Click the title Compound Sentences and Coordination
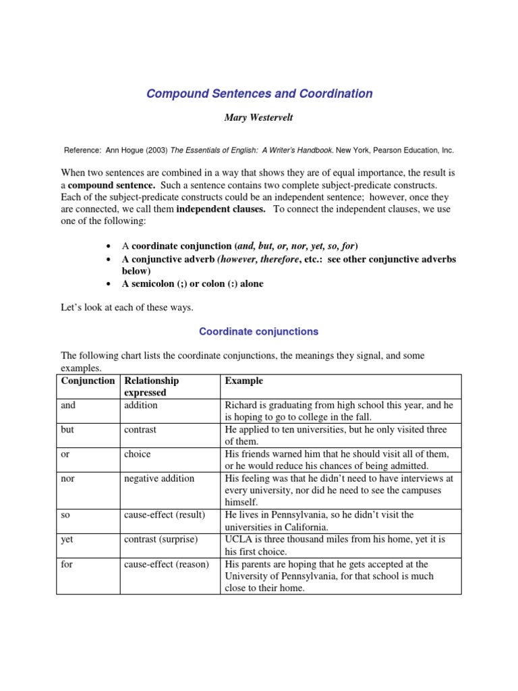[259, 94]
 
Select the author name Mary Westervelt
[259, 117]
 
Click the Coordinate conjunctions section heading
[259, 331]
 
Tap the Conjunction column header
[88, 381]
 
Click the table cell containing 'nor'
[68, 478]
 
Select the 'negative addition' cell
[159, 478]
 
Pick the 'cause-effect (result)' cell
[165, 515]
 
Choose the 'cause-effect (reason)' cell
[167, 563]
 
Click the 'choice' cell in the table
[138, 454]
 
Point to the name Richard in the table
[242, 406]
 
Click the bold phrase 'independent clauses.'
[221, 209]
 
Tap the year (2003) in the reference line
[153, 150]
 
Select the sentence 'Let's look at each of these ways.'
[127, 308]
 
